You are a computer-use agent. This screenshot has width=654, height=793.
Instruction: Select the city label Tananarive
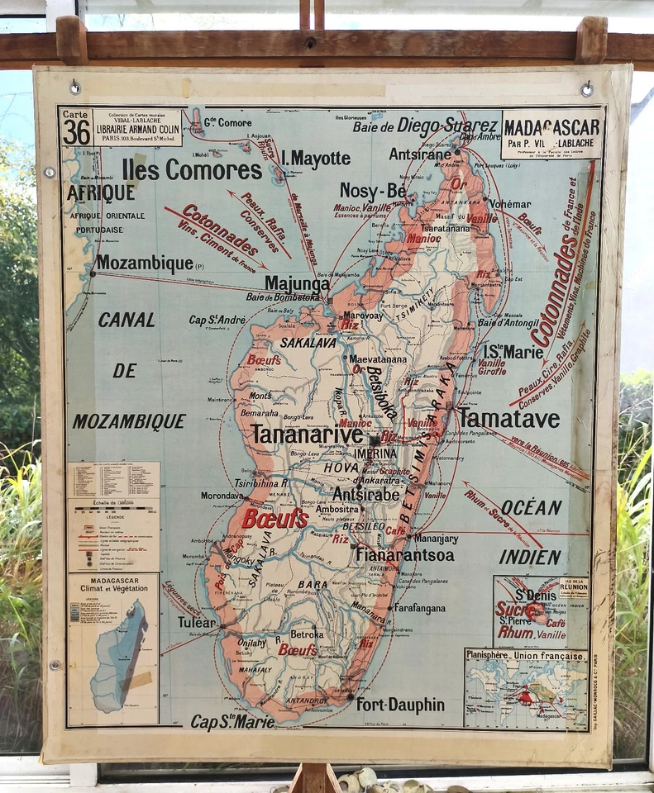tap(307, 434)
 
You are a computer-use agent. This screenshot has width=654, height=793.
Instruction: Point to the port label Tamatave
tap(509, 418)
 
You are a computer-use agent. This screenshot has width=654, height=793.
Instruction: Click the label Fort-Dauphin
tap(400, 705)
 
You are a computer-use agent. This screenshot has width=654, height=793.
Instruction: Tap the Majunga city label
tap(297, 283)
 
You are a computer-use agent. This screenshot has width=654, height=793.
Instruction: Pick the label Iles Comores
tap(192, 169)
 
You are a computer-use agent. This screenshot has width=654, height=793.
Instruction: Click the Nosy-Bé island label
tap(373, 190)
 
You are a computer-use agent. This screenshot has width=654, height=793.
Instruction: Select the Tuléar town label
tap(196, 622)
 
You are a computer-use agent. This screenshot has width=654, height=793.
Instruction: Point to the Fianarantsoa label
tap(405, 555)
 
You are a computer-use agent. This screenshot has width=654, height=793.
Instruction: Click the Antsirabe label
tap(366, 493)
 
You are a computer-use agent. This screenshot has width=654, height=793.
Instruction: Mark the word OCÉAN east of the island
tap(532, 506)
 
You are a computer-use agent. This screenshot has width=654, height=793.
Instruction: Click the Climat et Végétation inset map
tap(113, 650)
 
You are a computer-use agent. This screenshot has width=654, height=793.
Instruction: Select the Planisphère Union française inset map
tap(526, 689)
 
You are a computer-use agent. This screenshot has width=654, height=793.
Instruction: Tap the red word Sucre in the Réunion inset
tap(513, 609)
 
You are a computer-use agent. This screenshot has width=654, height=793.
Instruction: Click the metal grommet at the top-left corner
tap(75, 86)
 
